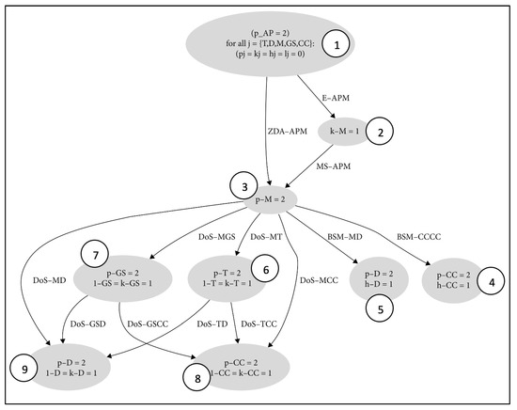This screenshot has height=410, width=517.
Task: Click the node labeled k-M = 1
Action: click(346, 133)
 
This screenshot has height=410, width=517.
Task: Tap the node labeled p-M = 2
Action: click(272, 198)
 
